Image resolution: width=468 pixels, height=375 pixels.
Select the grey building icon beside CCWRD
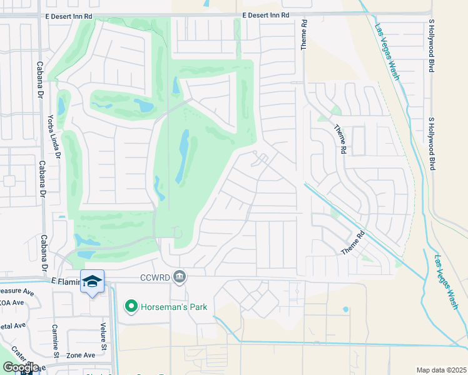pos(180,276)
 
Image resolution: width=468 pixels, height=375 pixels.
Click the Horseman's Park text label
pos(173,306)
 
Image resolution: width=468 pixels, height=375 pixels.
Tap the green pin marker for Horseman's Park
pos(131,306)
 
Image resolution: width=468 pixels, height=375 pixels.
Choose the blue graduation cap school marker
pos(92,282)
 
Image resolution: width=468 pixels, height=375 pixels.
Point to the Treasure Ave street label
pos(16,291)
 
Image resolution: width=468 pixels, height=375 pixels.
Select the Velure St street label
pos(104,336)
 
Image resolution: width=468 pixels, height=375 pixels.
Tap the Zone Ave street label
pos(81,355)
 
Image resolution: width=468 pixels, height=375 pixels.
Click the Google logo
pos(21,367)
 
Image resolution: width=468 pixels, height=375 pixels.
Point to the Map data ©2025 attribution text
pos(441,369)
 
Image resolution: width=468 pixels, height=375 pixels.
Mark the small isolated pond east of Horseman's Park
pos(345,309)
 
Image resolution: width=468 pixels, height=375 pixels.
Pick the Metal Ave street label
pos(13,326)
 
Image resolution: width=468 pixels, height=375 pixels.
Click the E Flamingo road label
pos(66,282)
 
